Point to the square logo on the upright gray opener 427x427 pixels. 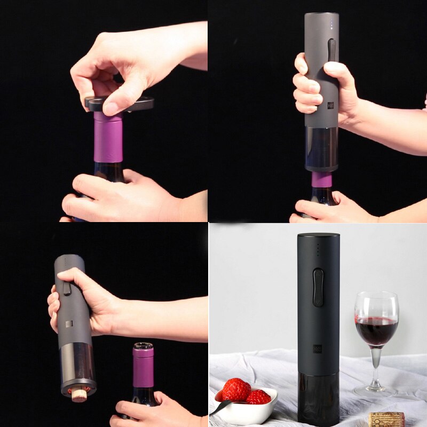[330, 105]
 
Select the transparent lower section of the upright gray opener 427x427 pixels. [321, 148]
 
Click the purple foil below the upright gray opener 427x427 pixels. [321, 179]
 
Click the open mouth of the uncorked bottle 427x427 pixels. [143, 346]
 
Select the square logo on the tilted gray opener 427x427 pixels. [69, 324]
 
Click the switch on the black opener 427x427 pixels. [318, 287]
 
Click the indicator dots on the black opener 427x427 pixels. [318, 249]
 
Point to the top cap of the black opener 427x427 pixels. [319, 235]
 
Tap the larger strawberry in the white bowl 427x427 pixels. [236, 390]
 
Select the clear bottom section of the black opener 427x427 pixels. [318, 398]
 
